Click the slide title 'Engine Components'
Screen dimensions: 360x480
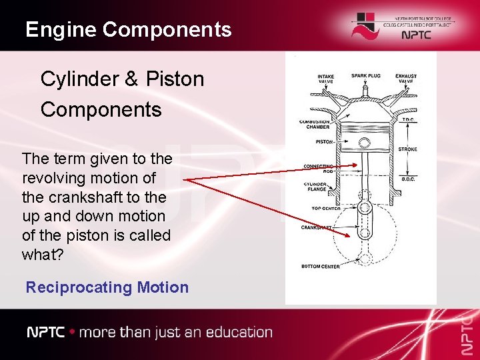128,29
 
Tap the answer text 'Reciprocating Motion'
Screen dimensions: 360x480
107,287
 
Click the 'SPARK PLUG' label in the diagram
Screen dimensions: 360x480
366,76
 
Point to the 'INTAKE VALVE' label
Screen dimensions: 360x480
325,79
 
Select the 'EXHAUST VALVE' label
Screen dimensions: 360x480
405,79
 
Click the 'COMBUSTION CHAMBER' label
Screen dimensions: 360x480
314,124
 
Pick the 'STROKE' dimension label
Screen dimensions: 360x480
407,149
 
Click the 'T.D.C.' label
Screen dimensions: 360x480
408,119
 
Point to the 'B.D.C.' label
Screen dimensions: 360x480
408,179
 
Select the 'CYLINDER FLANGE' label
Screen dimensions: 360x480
315,186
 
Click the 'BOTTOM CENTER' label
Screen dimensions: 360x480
321,267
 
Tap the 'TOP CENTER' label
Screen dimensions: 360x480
326,208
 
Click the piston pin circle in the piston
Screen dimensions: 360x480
364,143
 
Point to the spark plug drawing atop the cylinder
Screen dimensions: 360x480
365,89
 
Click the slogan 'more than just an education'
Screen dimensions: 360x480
175,332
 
